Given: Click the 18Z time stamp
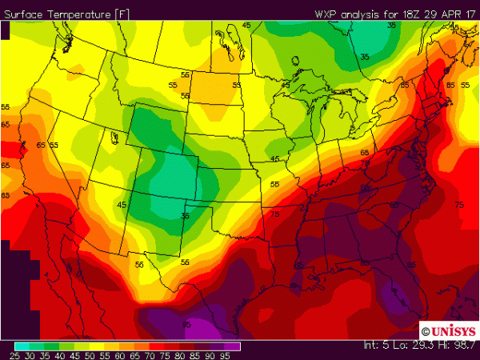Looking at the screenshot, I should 400,13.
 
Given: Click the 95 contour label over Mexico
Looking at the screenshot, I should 186,323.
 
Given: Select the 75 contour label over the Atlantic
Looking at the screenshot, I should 458,206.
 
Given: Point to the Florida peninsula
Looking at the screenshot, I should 390,288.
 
